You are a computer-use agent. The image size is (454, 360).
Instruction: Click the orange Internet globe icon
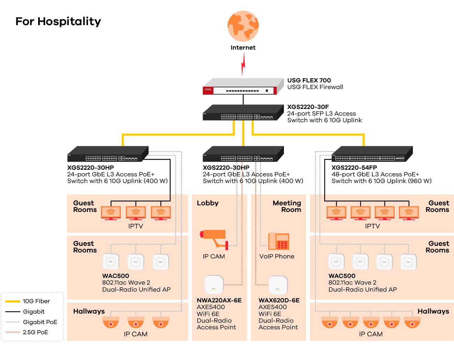coord(243,26)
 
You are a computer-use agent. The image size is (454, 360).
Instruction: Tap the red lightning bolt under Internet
coord(243,65)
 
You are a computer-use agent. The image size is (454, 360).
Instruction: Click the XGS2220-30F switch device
coord(243,113)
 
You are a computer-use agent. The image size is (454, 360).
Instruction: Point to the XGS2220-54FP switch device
coord(372,154)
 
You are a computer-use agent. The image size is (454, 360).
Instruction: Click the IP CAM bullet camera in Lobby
coord(214,239)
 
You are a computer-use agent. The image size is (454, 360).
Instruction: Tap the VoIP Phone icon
coord(279,241)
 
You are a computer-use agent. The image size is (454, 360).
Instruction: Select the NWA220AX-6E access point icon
coord(214,285)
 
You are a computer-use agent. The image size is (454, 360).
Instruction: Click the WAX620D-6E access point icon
coord(278,285)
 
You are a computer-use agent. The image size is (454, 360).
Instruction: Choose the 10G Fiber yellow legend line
coord(13,301)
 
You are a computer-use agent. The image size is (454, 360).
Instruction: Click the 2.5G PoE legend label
coord(35,332)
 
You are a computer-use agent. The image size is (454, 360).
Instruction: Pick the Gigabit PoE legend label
coord(40,322)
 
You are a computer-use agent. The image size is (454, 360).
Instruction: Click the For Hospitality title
coord(58,21)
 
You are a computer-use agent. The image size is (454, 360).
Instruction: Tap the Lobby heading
coord(207,203)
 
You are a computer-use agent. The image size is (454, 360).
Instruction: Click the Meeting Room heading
coord(287,206)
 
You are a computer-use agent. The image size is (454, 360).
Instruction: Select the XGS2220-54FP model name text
coord(354,168)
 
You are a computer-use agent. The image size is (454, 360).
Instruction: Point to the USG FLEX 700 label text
coord(309,80)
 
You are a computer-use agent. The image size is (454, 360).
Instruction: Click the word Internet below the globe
coord(243,47)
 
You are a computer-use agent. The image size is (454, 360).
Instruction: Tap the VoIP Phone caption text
coord(277,256)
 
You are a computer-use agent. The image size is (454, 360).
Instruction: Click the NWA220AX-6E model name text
coord(219,300)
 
